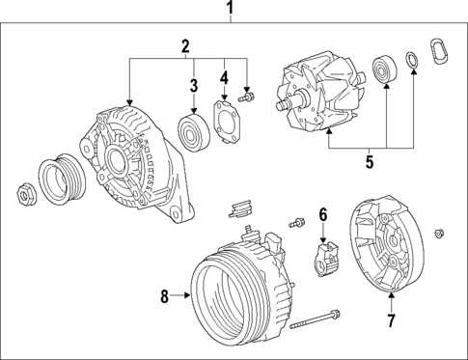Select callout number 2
[185, 45]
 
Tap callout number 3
[193, 86]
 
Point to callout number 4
[224, 77]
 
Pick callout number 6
[324, 214]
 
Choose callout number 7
[391, 318]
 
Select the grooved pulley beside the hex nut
[56, 180]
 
